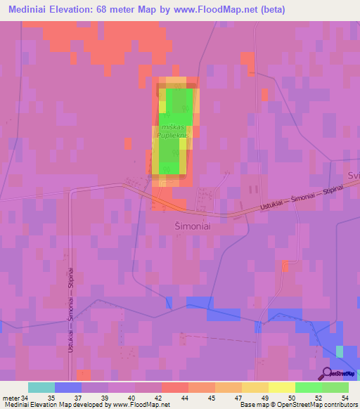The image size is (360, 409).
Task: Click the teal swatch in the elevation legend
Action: [41, 387]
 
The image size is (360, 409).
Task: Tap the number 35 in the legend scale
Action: [51, 398]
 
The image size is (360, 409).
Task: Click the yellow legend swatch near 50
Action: [282, 387]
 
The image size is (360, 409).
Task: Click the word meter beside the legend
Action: [11, 398]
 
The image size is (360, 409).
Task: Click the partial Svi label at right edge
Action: [353, 174]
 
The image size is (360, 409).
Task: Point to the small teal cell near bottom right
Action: [340, 351]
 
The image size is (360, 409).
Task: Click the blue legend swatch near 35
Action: [68, 387]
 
